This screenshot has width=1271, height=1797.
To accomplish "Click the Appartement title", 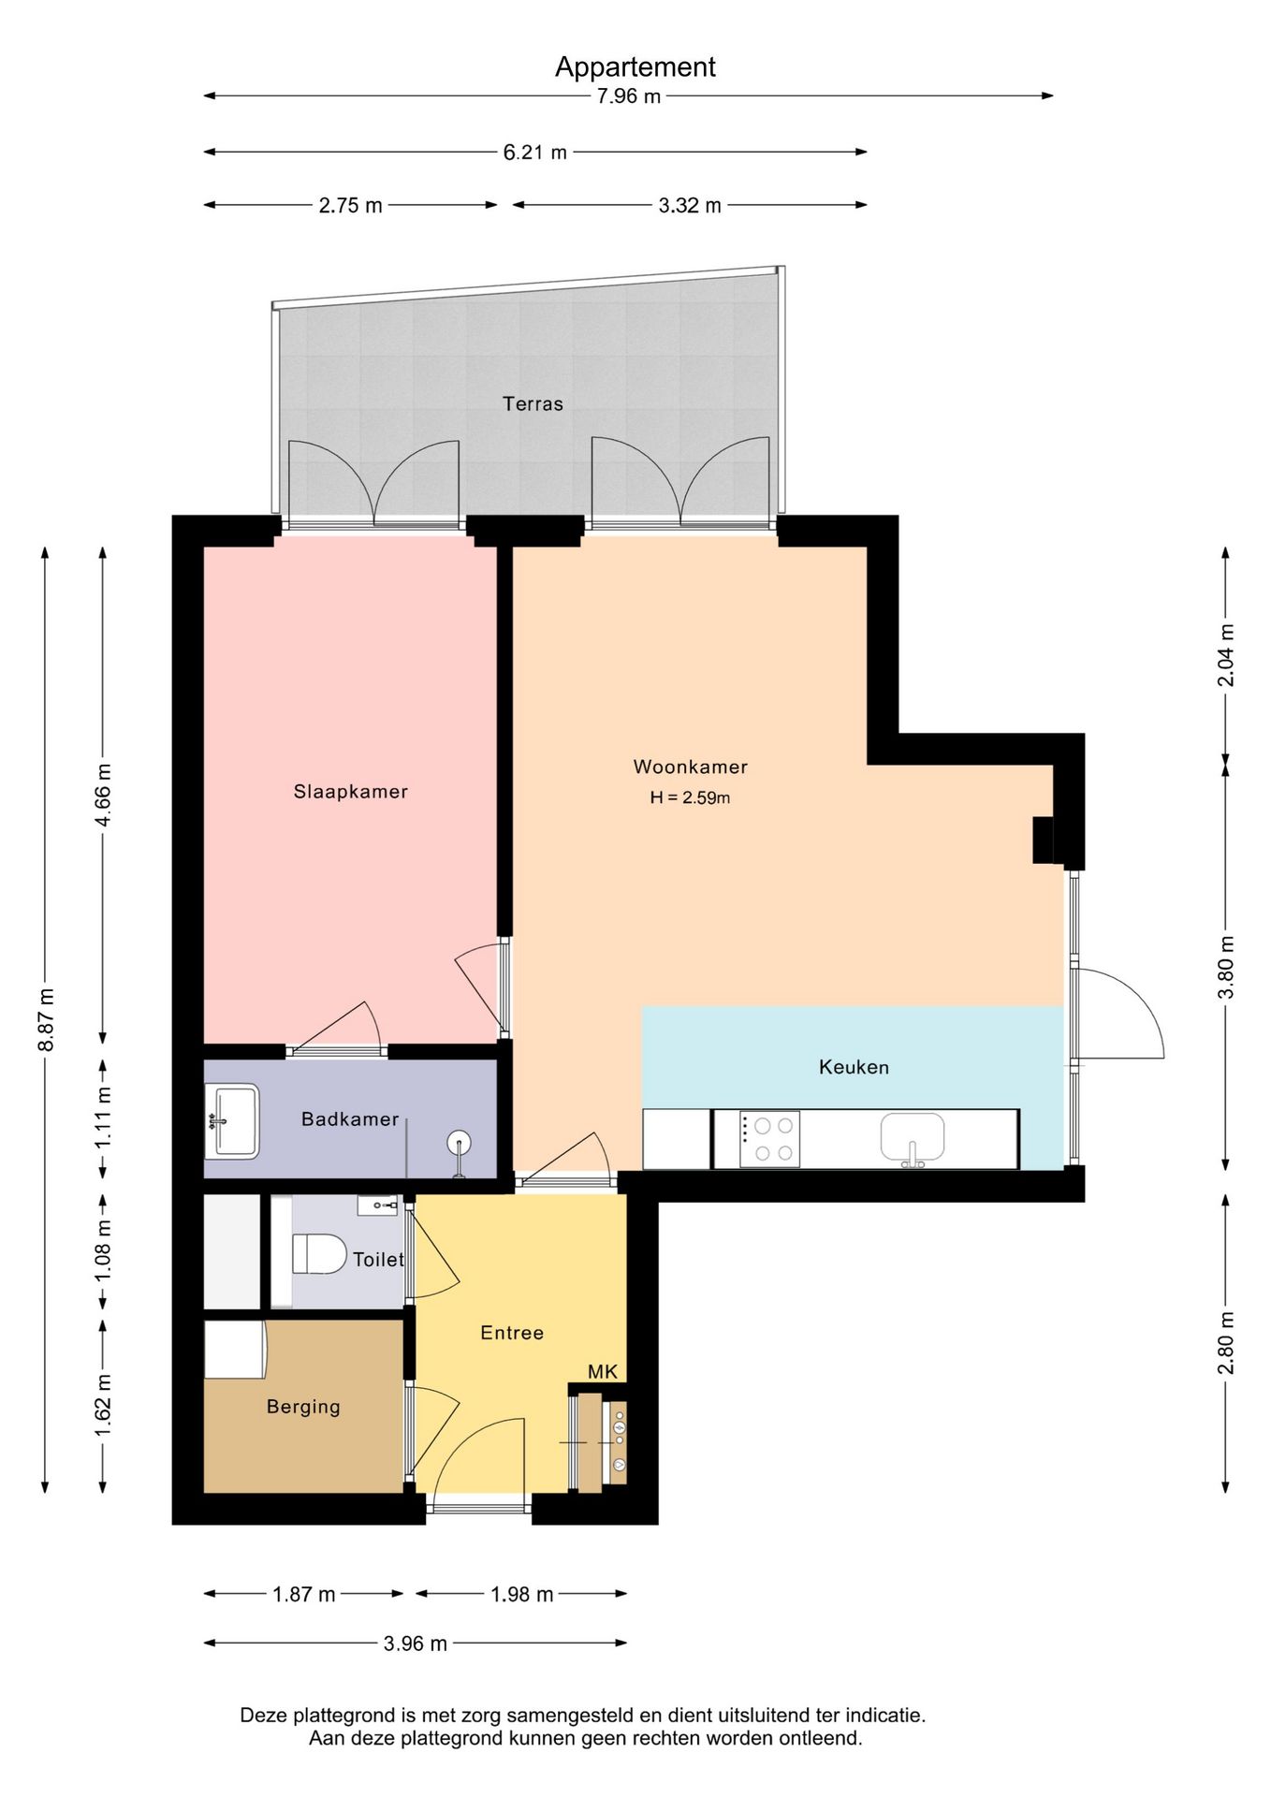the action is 635,67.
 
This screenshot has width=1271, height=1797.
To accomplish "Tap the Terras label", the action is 533,403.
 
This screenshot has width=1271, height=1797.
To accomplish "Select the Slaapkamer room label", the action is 351,792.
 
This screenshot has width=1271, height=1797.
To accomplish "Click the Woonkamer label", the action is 691,767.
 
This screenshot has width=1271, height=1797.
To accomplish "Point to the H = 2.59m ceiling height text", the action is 691,797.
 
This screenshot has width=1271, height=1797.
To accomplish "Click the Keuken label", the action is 854,1067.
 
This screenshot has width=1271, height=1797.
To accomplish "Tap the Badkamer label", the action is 350,1119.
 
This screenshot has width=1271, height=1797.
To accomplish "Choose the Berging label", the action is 303,1407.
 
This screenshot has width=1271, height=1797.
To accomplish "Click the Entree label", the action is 512,1333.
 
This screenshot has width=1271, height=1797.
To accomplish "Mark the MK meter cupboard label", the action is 603,1371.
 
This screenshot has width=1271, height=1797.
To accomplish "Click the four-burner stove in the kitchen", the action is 770,1139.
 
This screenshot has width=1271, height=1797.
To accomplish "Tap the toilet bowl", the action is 319,1254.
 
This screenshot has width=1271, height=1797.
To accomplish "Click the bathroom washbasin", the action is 231,1120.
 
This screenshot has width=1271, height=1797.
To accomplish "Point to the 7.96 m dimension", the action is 629,95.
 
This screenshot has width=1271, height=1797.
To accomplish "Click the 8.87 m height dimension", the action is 45,1020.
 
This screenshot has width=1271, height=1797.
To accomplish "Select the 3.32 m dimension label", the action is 690,205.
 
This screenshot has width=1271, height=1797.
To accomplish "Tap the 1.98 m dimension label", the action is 522,1594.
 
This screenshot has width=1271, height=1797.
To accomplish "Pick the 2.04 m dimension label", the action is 1226,655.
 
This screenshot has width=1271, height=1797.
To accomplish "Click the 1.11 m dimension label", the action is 103,1118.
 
